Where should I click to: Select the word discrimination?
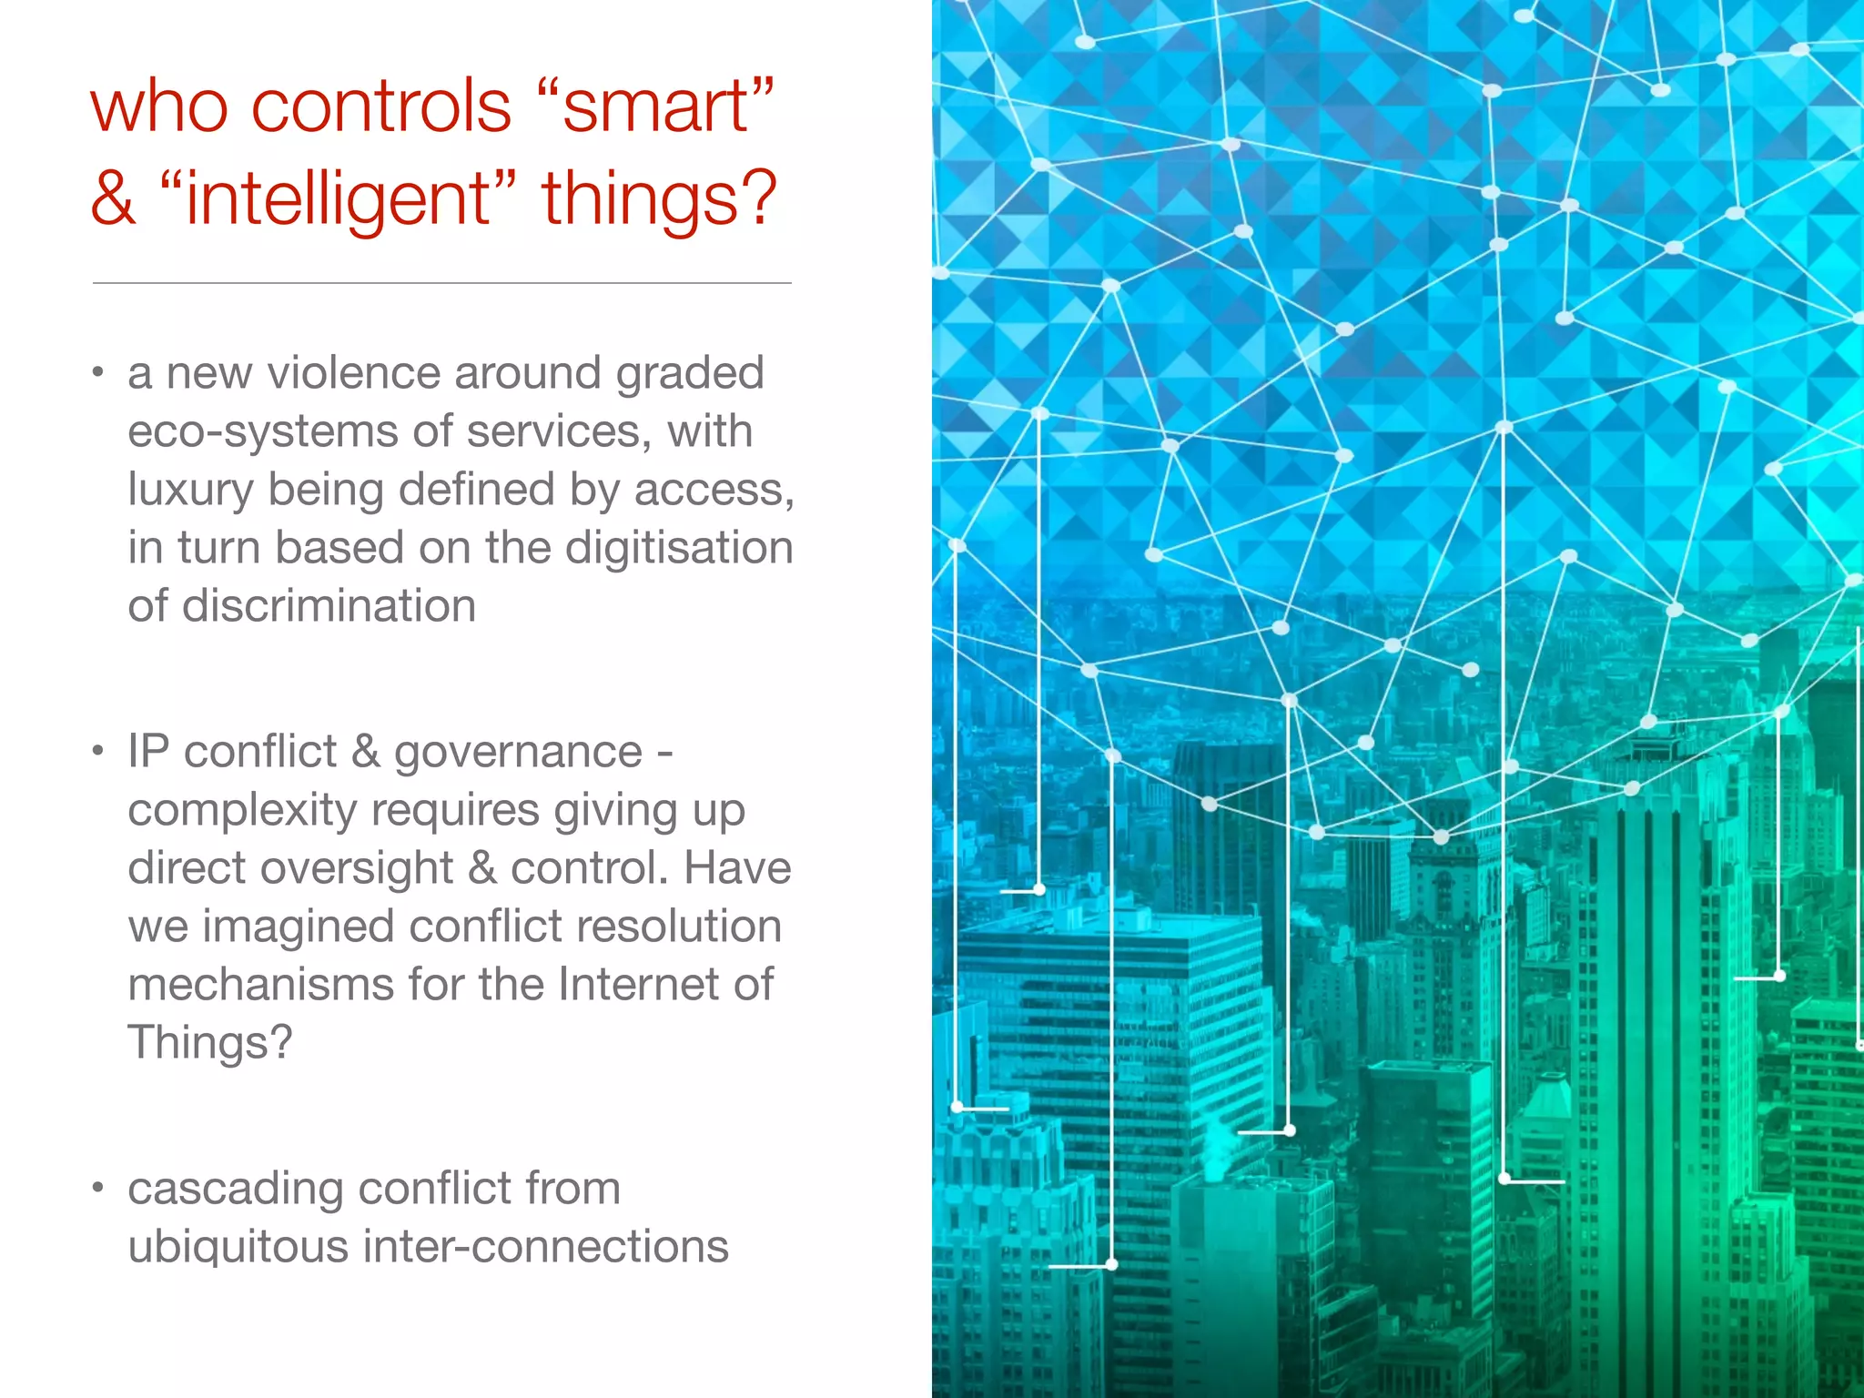pos(329,606)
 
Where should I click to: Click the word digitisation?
pos(679,548)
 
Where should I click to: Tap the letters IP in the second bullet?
pos(148,753)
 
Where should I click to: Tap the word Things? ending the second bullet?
pos(210,1043)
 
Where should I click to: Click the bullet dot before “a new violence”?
pos(98,374)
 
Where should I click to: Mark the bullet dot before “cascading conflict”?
pos(98,1189)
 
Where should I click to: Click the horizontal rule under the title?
pos(441,283)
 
